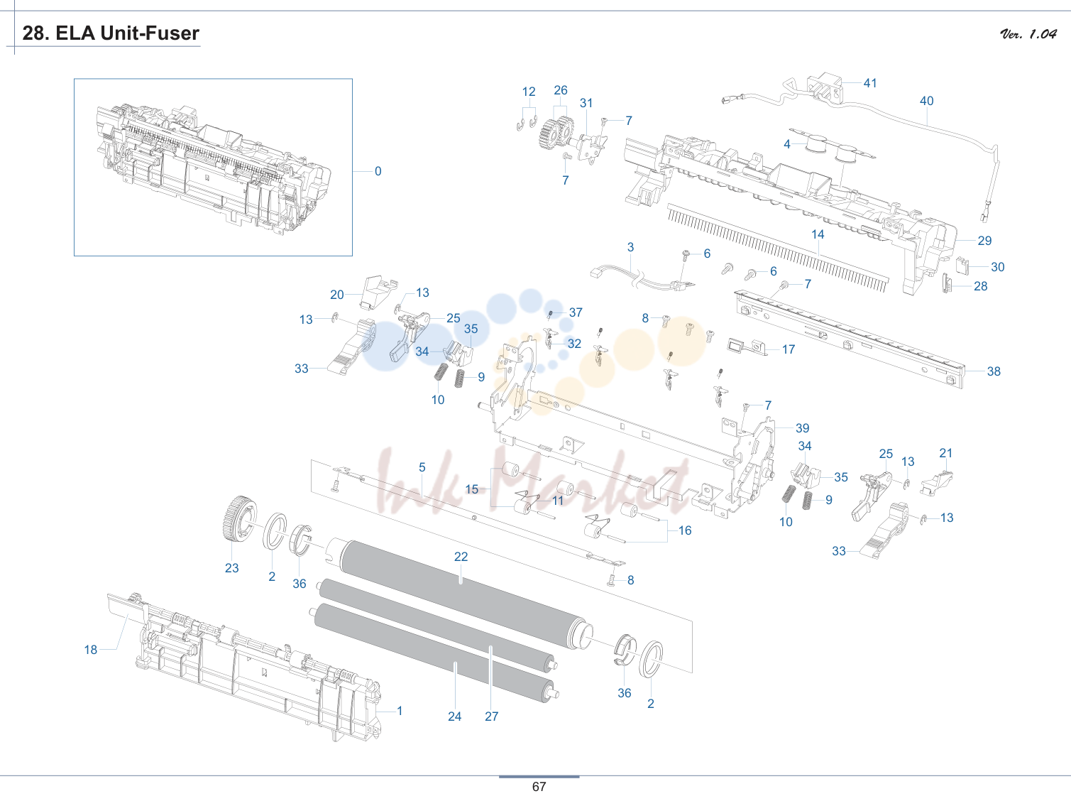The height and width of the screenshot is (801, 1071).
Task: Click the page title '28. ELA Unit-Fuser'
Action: (x=111, y=33)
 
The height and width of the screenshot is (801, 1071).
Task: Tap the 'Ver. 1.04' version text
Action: (x=1028, y=33)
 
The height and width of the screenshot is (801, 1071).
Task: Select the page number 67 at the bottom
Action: (x=539, y=786)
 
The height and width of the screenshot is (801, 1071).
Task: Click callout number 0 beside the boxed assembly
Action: (x=378, y=171)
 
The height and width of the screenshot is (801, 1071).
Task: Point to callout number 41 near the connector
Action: (x=870, y=83)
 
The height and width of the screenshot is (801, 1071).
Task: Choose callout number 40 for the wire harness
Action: (x=927, y=101)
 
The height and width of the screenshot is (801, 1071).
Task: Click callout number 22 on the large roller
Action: (x=461, y=557)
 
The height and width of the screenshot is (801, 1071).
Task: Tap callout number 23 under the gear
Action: (x=232, y=568)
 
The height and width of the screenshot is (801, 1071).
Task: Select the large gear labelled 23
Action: (x=239, y=518)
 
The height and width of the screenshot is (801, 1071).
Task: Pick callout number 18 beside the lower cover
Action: (x=91, y=650)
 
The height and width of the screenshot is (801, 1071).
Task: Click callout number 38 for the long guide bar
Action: (x=994, y=371)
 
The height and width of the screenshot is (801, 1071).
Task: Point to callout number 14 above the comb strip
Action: (x=818, y=234)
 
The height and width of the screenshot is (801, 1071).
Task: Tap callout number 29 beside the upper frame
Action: (x=984, y=241)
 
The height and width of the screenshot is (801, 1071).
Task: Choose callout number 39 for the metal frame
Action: (x=803, y=428)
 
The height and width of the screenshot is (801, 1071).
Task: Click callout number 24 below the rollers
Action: (x=455, y=716)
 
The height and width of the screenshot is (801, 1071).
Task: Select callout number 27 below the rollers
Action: (x=492, y=716)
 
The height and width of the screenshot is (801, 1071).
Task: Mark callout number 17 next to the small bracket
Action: (x=789, y=349)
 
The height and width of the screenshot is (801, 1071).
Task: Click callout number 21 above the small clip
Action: (x=946, y=453)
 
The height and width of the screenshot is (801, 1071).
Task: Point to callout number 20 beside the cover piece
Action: (x=337, y=295)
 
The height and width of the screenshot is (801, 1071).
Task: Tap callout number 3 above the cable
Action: (x=631, y=248)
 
